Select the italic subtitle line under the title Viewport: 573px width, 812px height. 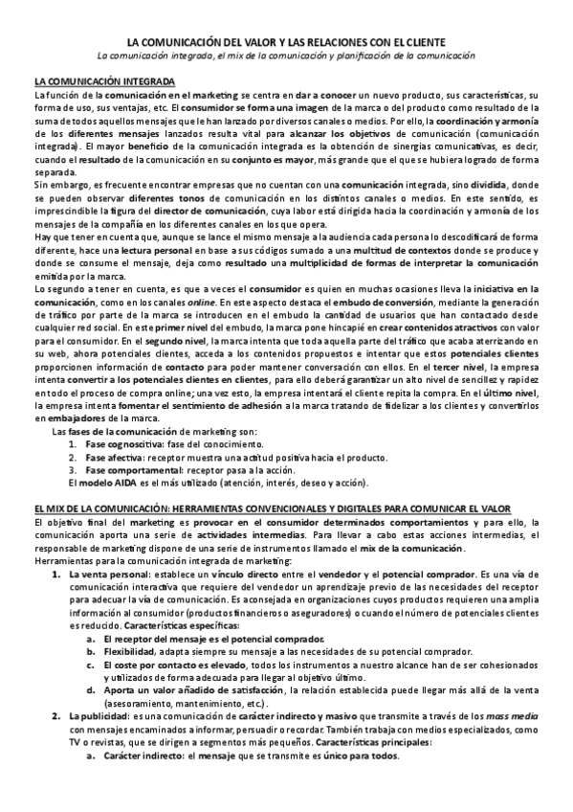point(287,56)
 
